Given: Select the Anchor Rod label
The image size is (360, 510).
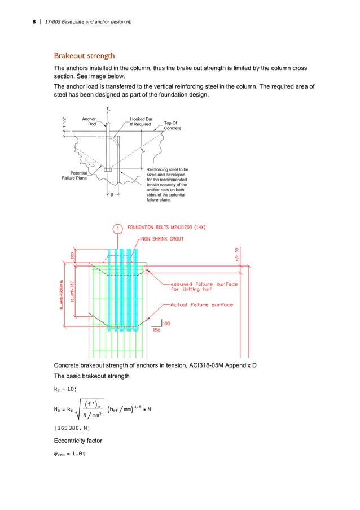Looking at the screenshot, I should point(89,121).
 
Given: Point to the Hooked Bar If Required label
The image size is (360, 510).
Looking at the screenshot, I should point(141,121).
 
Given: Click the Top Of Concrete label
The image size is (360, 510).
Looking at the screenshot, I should point(172,125).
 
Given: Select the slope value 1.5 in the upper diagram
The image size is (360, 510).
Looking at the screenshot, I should point(99,165).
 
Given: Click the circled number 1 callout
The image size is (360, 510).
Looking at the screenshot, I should point(117,228).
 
